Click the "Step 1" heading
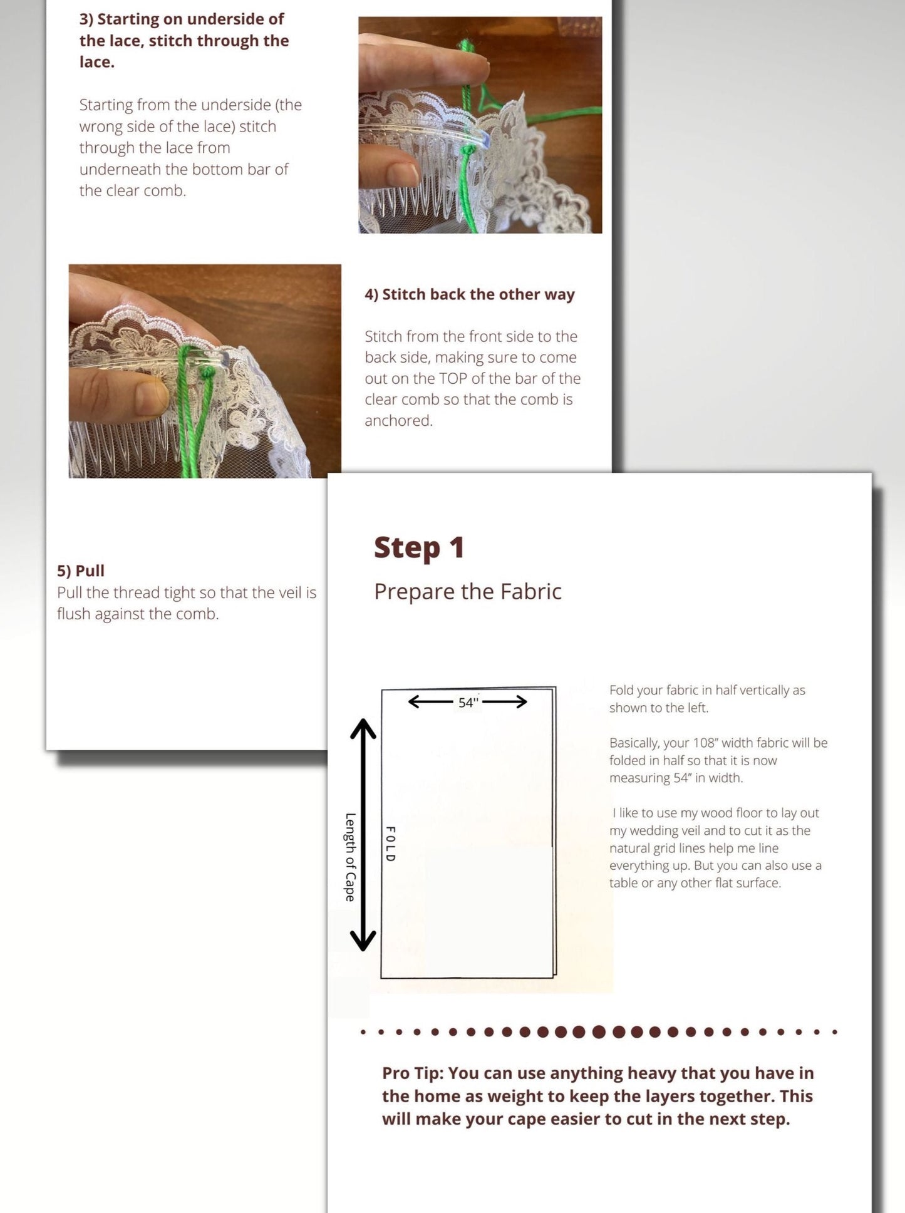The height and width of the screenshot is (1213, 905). click(x=419, y=548)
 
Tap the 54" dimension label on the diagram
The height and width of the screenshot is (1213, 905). click(x=468, y=702)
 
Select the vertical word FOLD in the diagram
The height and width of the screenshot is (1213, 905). click(x=390, y=844)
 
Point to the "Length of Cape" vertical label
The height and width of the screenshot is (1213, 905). click(x=350, y=857)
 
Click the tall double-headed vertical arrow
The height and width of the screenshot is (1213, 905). click(x=363, y=834)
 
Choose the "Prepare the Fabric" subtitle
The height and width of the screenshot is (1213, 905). click(x=468, y=592)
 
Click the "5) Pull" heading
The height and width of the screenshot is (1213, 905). click(x=81, y=570)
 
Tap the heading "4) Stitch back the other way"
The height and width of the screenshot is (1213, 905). click(x=470, y=294)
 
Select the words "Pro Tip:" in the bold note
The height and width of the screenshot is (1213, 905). click(x=413, y=1073)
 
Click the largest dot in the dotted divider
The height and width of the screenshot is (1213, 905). click(x=599, y=1031)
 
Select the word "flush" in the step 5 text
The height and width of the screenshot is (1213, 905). click(x=74, y=614)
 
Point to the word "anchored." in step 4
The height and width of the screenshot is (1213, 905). click(x=399, y=420)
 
